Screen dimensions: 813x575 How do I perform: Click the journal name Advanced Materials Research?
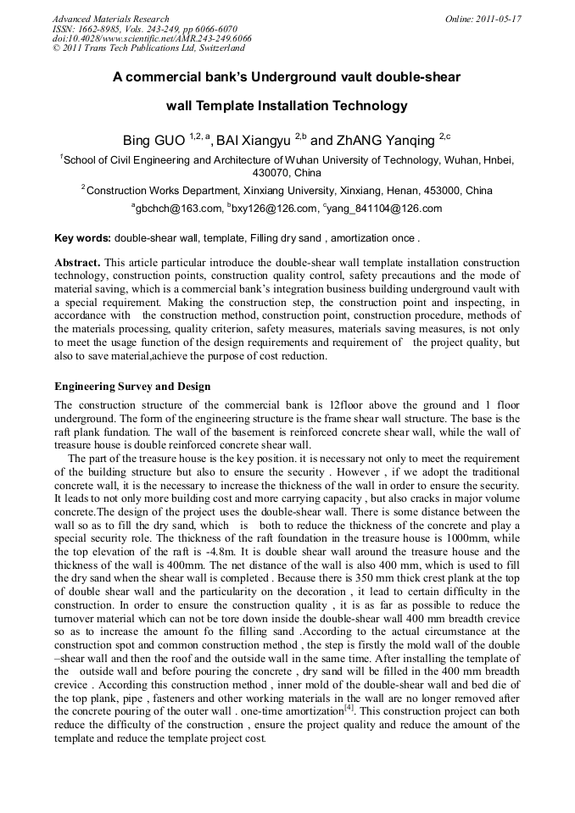pyautogui.click(x=110, y=19)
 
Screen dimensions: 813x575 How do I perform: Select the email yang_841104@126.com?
pyautogui.click(x=382, y=209)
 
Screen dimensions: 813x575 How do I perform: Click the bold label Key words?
pyautogui.click(x=82, y=238)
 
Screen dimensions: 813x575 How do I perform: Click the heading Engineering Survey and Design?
pyautogui.click(x=132, y=387)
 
